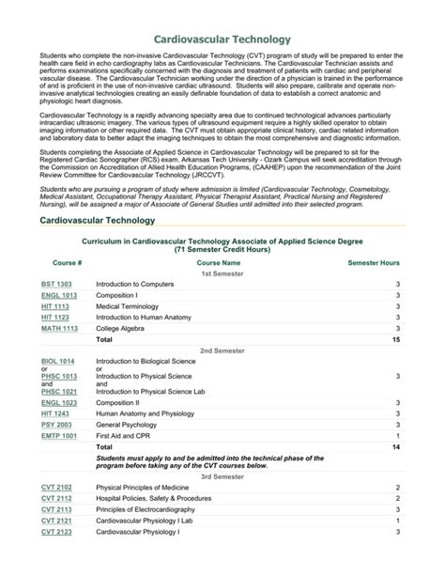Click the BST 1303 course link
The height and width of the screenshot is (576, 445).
click(x=56, y=284)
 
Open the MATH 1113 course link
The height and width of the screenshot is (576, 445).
click(x=59, y=329)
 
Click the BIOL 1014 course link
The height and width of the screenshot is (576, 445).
click(x=58, y=361)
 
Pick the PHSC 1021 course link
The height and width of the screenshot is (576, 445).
click(x=58, y=391)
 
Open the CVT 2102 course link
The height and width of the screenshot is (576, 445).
click(x=56, y=488)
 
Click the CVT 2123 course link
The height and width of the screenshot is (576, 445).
click(x=56, y=532)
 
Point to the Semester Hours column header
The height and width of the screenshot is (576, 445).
click(x=374, y=263)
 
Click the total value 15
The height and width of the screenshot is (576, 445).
click(x=395, y=340)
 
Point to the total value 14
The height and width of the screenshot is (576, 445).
click(x=395, y=447)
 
